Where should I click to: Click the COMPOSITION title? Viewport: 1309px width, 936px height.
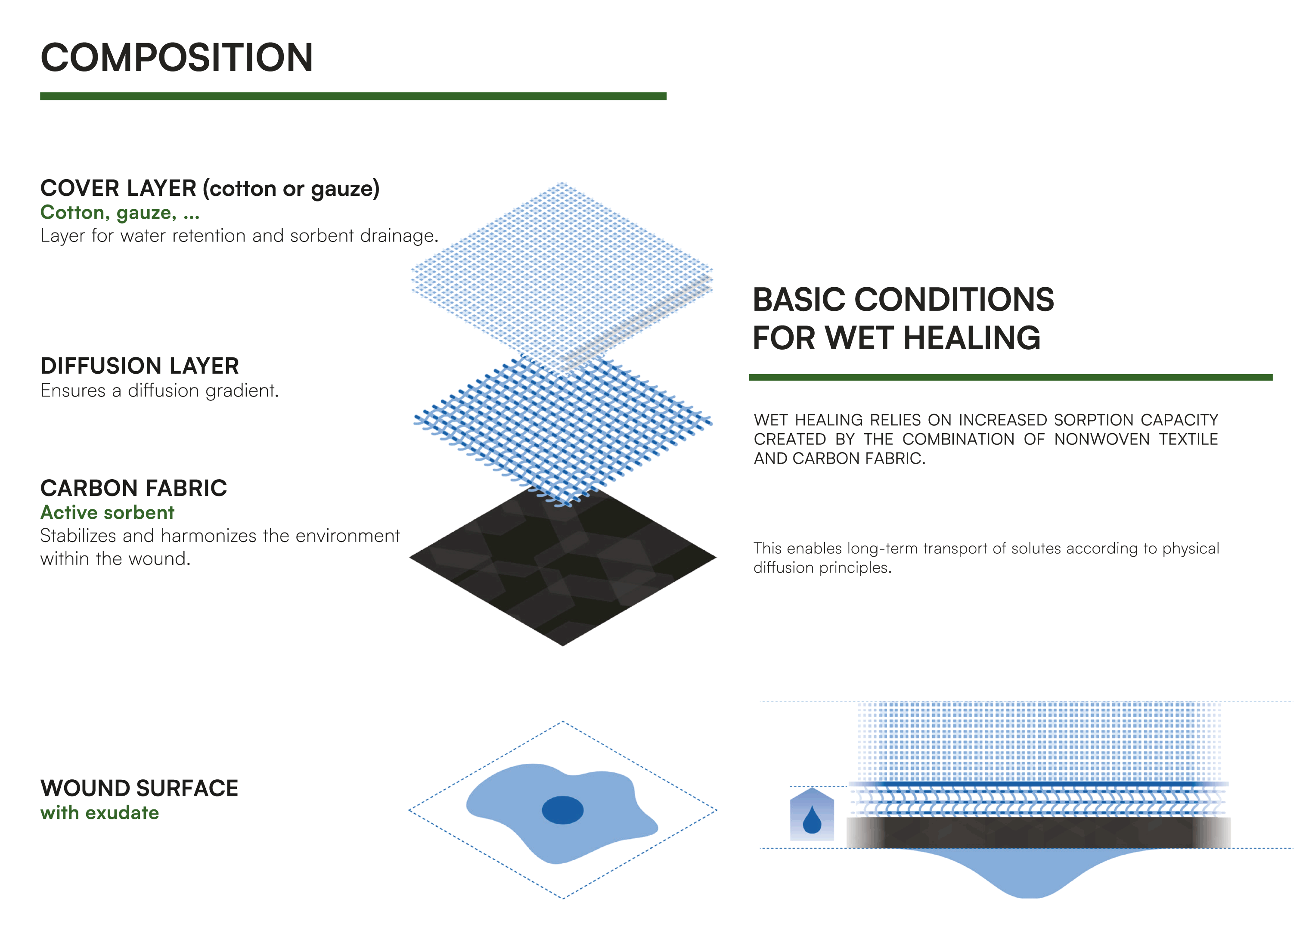tap(177, 58)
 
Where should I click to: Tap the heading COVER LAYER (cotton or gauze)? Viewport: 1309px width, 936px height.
tap(210, 189)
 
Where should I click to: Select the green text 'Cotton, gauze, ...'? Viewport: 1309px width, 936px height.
tap(120, 213)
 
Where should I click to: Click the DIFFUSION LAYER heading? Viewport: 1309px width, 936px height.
tap(140, 366)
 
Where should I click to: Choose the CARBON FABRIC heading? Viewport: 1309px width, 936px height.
tap(134, 488)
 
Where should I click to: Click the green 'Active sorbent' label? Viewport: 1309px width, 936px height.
tap(107, 512)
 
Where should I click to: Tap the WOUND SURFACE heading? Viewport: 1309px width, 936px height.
tap(139, 788)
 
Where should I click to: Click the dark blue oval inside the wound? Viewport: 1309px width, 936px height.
tap(562, 810)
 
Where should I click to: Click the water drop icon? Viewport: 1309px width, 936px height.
tap(812, 820)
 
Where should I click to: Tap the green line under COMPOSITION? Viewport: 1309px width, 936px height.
tap(353, 96)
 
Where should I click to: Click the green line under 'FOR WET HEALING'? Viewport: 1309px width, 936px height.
tap(1010, 378)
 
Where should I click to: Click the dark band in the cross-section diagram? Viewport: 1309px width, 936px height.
tap(1038, 832)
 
